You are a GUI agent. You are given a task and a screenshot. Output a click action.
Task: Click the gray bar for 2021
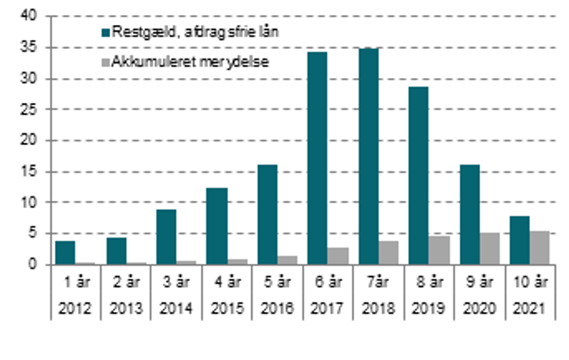pyautogui.click(x=539, y=248)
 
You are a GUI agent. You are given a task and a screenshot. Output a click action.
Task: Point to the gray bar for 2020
pyautogui.click(x=489, y=249)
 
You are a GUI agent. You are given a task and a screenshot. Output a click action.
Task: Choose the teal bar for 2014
pyautogui.click(x=167, y=236)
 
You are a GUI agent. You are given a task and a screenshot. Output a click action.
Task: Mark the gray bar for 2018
pyautogui.click(x=389, y=252)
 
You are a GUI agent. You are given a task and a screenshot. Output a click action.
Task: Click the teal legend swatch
pyautogui.click(x=104, y=32)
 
